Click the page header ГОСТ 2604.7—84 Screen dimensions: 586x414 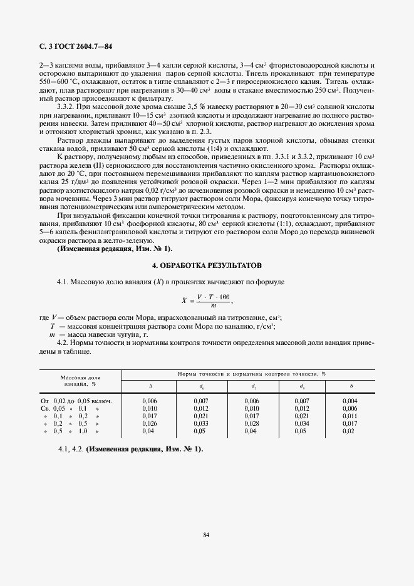(x=75, y=46)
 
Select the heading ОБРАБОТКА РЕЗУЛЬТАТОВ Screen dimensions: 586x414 (x=207, y=265)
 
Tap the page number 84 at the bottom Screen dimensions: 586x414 (x=206, y=534)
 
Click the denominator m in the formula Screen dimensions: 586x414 (x=214, y=306)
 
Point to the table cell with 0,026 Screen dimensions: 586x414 (x=150, y=424)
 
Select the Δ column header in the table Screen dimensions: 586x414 (x=150, y=386)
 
